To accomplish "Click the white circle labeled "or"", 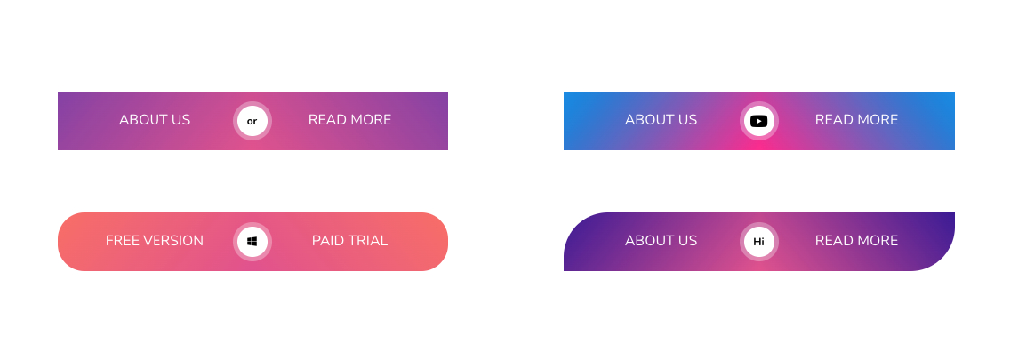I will (x=252, y=121).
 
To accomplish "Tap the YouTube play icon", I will (x=758, y=121).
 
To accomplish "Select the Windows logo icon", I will (x=252, y=241).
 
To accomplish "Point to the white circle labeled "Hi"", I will (x=758, y=241).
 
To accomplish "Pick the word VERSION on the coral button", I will (x=175, y=241).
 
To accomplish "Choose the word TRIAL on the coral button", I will (x=369, y=241).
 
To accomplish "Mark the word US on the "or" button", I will (x=180, y=120).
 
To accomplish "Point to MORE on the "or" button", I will (x=371, y=120).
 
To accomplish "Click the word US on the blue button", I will (x=687, y=120).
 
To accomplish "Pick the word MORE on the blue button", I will (x=878, y=120).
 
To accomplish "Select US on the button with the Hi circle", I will (x=687, y=241).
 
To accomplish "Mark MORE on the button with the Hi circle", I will (x=878, y=241).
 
